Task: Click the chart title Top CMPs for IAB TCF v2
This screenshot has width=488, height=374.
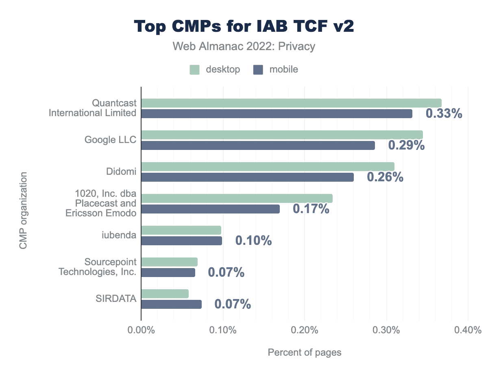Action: point(244,26)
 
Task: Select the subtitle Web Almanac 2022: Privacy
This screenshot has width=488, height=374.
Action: point(244,46)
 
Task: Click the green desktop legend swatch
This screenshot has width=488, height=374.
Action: point(194,70)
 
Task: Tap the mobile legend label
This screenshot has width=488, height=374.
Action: point(283,70)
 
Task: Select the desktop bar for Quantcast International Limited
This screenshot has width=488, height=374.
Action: point(291,103)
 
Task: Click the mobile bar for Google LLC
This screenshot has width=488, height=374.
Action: point(258,145)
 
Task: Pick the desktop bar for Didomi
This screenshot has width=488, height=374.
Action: point(268,167)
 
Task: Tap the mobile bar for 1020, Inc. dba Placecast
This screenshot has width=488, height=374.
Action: point(210,209)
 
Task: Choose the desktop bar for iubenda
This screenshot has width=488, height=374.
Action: point(181,230)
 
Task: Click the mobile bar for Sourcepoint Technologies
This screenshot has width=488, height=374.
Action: point(168,273)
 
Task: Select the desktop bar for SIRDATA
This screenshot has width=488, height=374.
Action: point(165,294)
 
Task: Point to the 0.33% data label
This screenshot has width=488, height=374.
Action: point(444,114)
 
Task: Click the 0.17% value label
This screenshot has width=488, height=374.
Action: point(311,209)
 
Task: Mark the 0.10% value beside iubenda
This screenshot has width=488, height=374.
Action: point(253,241)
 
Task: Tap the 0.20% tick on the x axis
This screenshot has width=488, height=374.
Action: point(305,330)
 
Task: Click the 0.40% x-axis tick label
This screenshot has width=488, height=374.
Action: point(468,330)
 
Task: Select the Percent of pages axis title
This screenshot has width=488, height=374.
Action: point(305,352)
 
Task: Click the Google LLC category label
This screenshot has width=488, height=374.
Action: point(110,140)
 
